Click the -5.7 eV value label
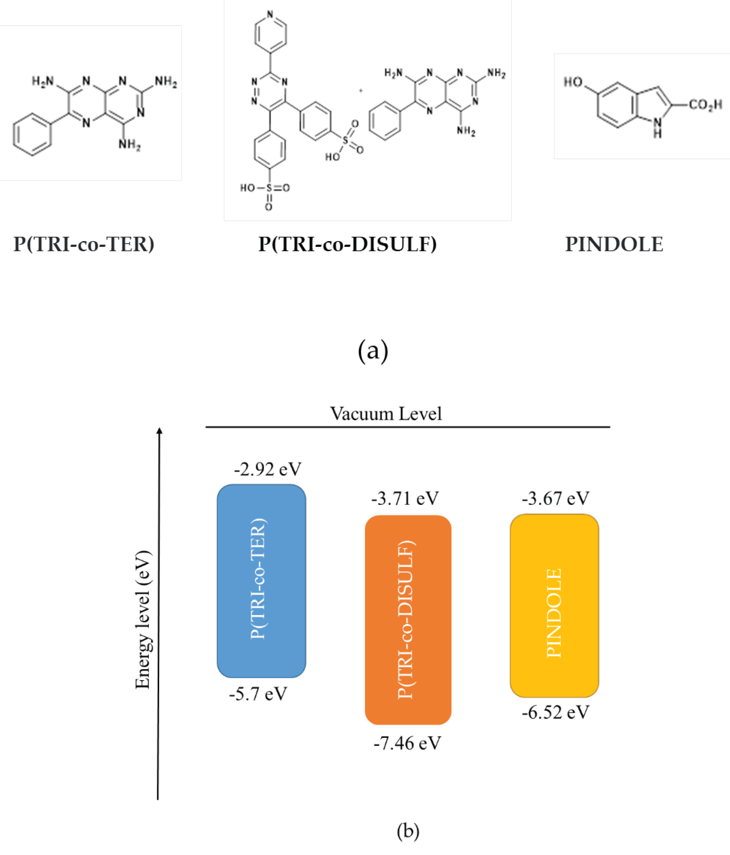click(258, 694)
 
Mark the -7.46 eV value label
click(407, 743)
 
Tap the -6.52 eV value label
click(555, 713)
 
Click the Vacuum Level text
click(386, 414)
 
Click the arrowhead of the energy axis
click(159, 431)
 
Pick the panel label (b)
click(408, 831)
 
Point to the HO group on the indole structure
click(573, 82)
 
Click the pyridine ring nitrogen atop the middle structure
click(270, 14)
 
